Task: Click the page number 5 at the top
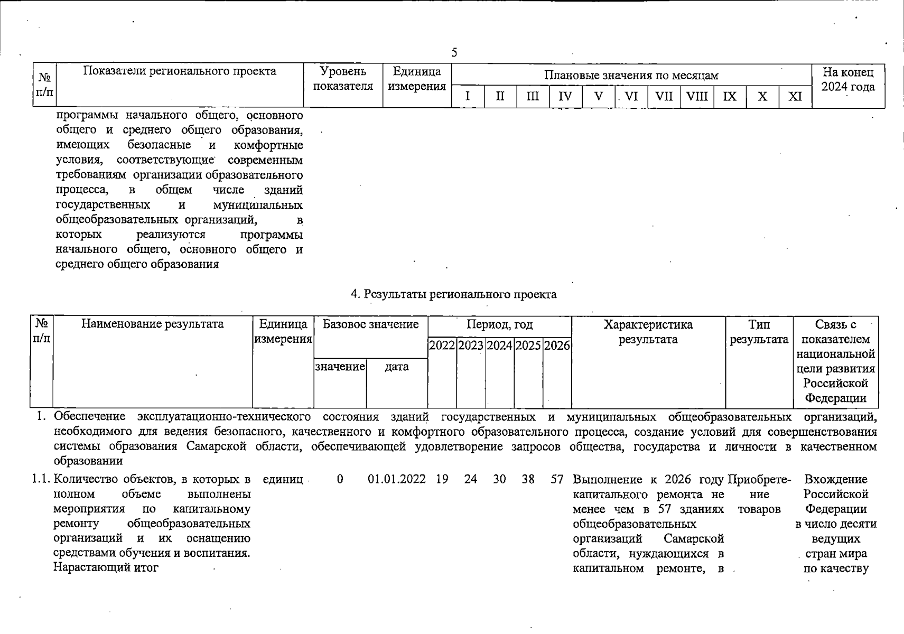coord(454,52)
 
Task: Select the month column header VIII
coord(697,97)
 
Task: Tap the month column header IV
coord(565,97)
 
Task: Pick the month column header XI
coord(795,97)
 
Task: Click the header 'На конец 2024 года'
coord(848,79)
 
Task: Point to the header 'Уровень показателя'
coord(343,79)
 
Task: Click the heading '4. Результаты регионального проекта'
coord(454,294)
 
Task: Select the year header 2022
coord(442,346)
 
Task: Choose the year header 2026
coord(557,346)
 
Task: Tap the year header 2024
coord(499,346)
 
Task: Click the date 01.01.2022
coord(397,480)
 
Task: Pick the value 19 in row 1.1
coord(442,480)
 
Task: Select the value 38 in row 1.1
coord(528,480)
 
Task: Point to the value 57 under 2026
coord(557,480)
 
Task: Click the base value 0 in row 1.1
coord(340,480)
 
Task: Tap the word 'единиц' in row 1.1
coord(283,480)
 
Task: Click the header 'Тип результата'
coord(759,332)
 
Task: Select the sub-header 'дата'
coord(397,367)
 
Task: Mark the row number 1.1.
coord(41,480)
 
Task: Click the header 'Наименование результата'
coord(152,324)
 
